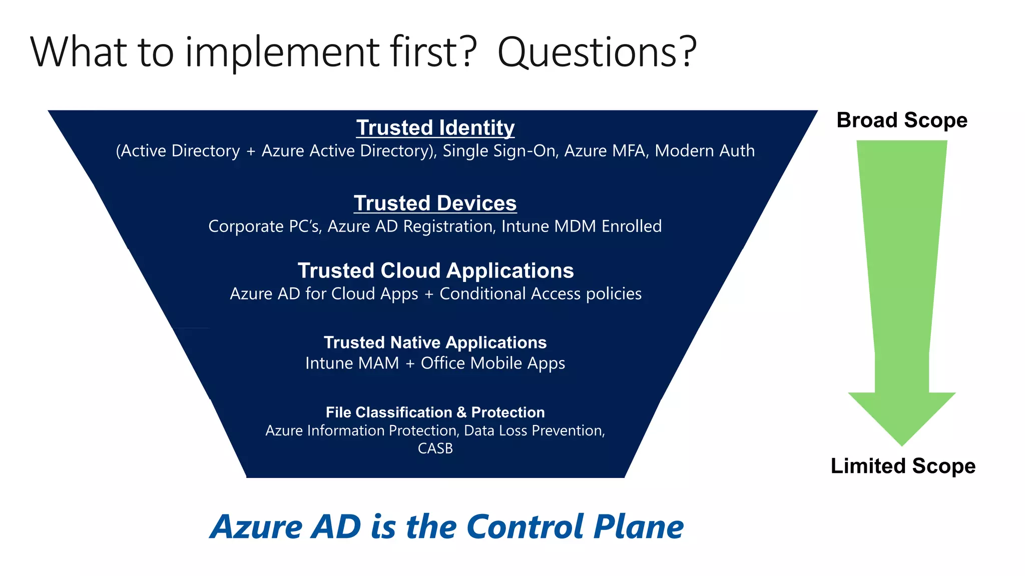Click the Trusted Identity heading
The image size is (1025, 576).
point(435,128)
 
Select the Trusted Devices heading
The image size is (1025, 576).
point(435,203)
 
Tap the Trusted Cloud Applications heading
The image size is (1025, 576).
point(435,270)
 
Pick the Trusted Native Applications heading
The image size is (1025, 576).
point(435,342)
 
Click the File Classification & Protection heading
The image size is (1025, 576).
point(435,412)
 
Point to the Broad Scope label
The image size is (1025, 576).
point(902,120)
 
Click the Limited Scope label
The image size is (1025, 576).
point(903,466)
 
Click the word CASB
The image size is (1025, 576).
point(435,448)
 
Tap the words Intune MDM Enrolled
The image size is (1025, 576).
point(581,226)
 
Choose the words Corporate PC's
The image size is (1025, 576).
point(264,226)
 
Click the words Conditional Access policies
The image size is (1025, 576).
point(541,294)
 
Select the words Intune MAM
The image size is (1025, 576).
point(352,363)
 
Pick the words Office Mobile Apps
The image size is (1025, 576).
point(492,363)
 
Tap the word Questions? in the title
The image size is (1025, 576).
point(597,52)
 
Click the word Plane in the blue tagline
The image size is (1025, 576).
point(638,527)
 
